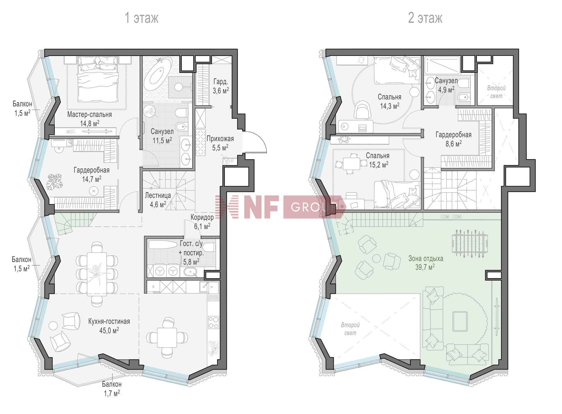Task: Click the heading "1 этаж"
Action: (142, 18)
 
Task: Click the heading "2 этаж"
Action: (425, 18)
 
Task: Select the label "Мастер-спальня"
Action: (90, 114)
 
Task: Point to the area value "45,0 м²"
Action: (109, 331)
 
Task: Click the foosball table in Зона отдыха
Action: (467, 243)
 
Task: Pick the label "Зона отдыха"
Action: (426, 258)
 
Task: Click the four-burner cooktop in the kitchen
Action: (213, 322)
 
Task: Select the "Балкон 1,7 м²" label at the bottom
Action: (112, 389)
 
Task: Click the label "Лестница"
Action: (158, 195)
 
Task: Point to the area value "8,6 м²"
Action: (454, 143)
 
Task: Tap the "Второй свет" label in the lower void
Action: (350, 329)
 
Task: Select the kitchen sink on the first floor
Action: (209, 286)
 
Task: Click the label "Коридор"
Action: (202, 217)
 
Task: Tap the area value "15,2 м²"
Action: (378, 165)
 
